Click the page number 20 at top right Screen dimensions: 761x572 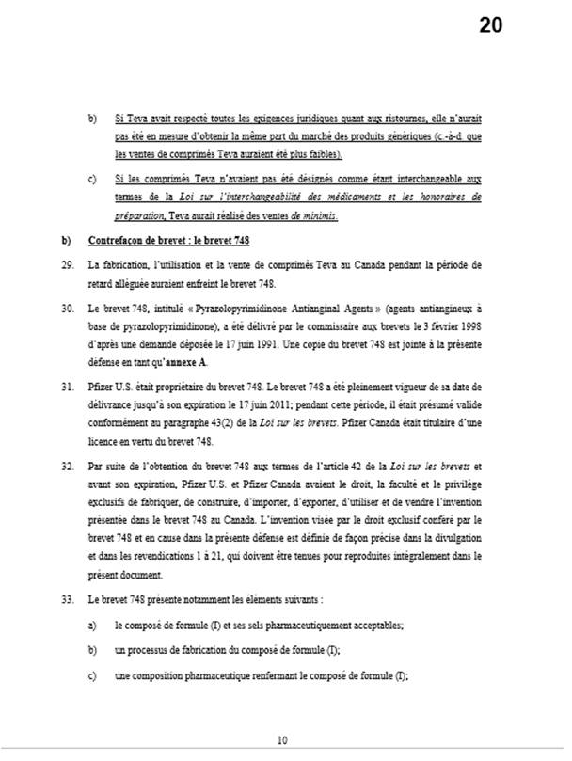[x=490, y=25]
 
